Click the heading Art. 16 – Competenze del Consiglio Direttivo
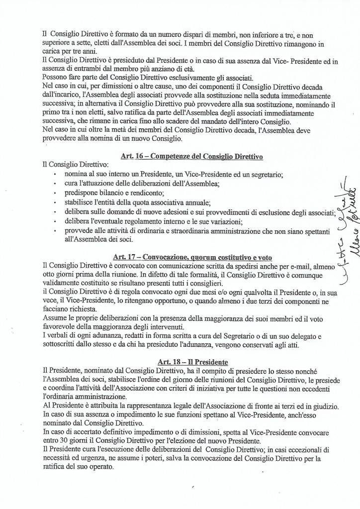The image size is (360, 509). (x=191, y=156)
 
